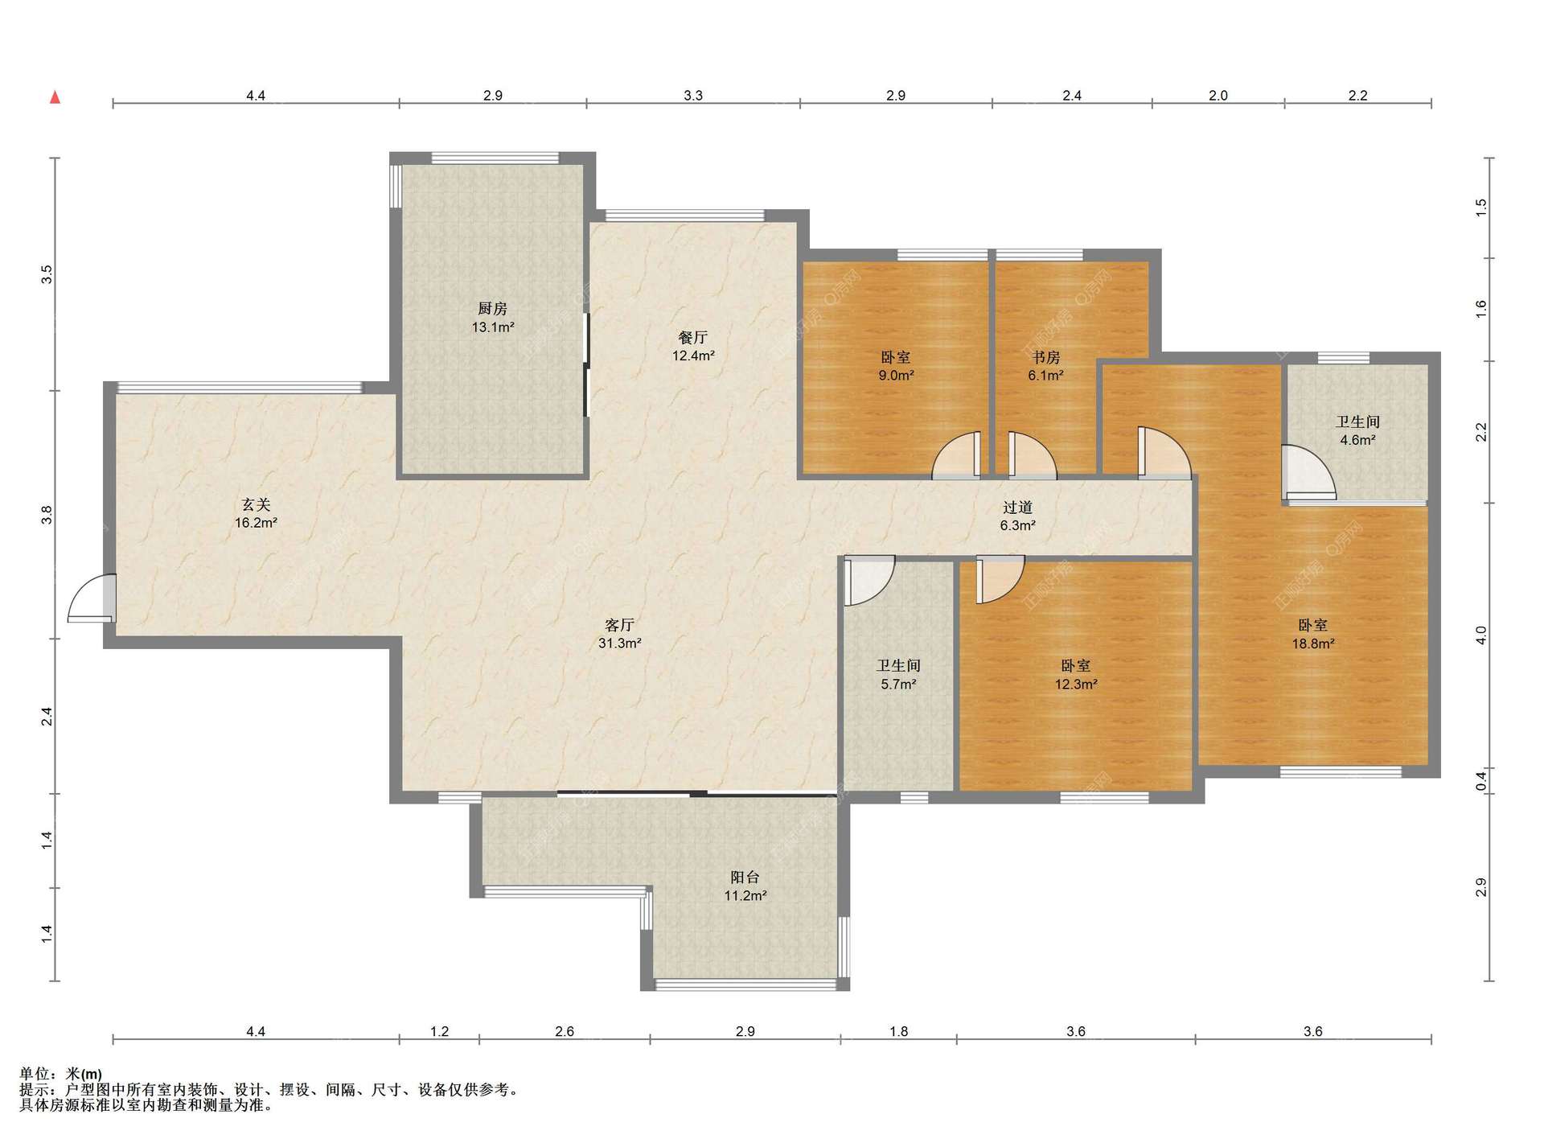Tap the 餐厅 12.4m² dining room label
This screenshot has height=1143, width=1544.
(x=693, y=346)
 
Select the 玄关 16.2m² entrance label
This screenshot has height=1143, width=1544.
(x=256, y=513)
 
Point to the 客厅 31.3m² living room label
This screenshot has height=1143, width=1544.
(x=619, y=634)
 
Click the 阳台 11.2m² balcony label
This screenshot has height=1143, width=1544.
(x=745, y=886)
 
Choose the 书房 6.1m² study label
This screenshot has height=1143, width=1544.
(x=1045, y=366)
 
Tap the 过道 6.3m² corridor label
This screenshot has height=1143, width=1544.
(x=1017, y=516)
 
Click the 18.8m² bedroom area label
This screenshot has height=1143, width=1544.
(x=1313, y=643)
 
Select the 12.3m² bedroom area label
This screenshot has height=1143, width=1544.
(x=1076, y=685)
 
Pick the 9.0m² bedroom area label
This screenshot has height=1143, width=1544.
(x=896, y=376)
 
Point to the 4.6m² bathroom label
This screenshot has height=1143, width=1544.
(x=1357, y=440)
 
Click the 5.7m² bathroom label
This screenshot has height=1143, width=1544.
(x=898, y=685)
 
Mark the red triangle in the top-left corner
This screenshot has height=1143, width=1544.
(x=55, y=97)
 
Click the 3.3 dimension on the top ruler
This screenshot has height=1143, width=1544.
(x=693, y=95)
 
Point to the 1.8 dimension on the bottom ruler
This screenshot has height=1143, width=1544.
(x=898, y=1031)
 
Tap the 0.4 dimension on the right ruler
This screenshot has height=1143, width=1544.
(x=1481, y=780)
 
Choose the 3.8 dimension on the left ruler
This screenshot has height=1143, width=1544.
(x=47, y=515)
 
